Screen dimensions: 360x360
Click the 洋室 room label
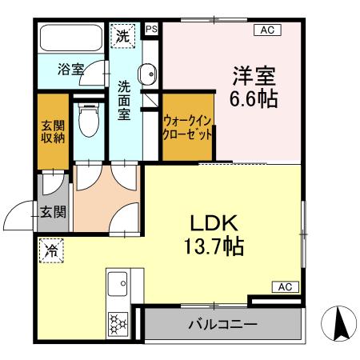(x=254, y=77)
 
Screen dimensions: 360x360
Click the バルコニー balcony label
(x=222, y=326)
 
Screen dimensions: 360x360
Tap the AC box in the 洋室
(x=266, y=30)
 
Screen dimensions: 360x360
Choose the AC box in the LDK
(x=285, y=286)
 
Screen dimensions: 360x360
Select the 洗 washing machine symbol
(x=123, y=35)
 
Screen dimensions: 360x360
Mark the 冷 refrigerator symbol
(x=50, y=250)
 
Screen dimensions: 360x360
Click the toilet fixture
(x=88, y=120)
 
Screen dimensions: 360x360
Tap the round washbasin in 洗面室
(x=147, y=75)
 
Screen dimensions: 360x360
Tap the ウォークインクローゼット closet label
(x=187, y=128)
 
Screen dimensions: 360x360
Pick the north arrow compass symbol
(x=338, y=322)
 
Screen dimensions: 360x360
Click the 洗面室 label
(x=125, y=99)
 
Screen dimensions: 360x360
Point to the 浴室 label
(x=70, y=70)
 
